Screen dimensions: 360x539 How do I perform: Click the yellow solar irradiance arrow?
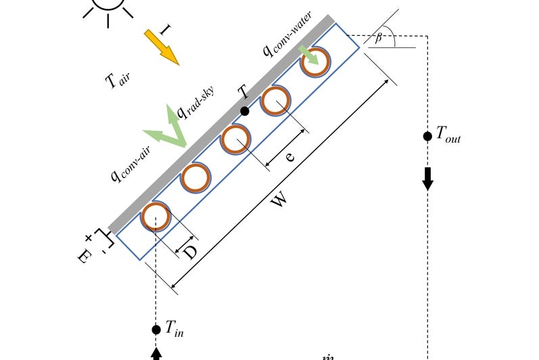161,48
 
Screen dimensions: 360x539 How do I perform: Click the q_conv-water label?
287,41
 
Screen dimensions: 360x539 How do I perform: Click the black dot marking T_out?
427,136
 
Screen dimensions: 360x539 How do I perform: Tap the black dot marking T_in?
156,330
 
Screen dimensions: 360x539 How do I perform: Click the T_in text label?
174,330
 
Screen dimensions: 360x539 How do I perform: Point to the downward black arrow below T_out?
427,179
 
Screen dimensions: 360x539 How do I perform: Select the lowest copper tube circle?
155,217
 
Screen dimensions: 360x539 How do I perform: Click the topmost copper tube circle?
316,62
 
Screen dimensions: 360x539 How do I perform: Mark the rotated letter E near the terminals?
83,255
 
